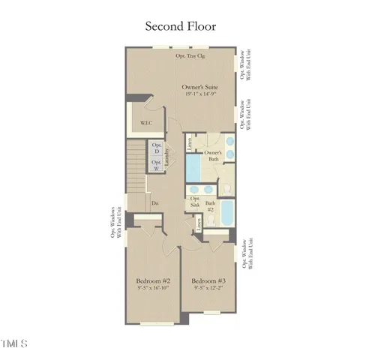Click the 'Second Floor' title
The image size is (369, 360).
180,26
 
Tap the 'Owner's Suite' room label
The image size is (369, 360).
199,88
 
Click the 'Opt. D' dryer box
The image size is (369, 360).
157,148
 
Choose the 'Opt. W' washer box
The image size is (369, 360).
157,165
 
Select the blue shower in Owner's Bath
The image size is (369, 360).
193,165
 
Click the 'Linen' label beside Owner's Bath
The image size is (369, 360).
190,141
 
